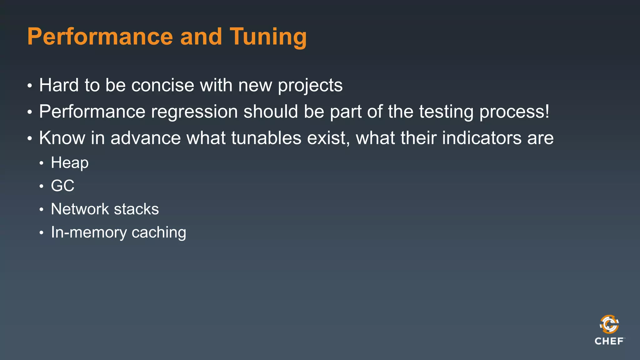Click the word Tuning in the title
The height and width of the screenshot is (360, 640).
pos(268,37)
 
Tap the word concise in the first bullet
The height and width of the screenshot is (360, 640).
pos(162,85)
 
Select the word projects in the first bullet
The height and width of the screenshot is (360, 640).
pos(310,86)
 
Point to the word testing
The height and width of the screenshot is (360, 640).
pos(446,112)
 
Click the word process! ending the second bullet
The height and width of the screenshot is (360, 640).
pos(514,112)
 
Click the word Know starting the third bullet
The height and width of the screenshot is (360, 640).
pos(62,138)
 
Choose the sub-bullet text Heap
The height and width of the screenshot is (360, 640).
pos(70,163)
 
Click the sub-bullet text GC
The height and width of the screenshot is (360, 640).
pos(62,186)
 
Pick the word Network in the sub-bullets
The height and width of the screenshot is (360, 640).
pos(80,209)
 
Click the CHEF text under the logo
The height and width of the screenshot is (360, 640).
pos(609,341)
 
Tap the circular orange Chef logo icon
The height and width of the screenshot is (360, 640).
pos(609,324)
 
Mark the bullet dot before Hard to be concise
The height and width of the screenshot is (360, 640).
pos(30,86)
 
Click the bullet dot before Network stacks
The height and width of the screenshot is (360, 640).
pos(41,209)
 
